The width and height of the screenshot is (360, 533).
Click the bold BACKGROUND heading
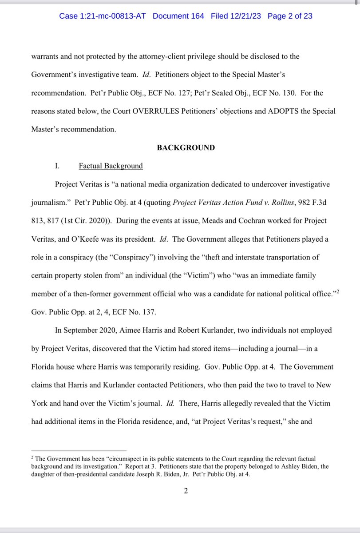coord(186,147)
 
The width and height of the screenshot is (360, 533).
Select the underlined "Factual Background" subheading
coord(111,166)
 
